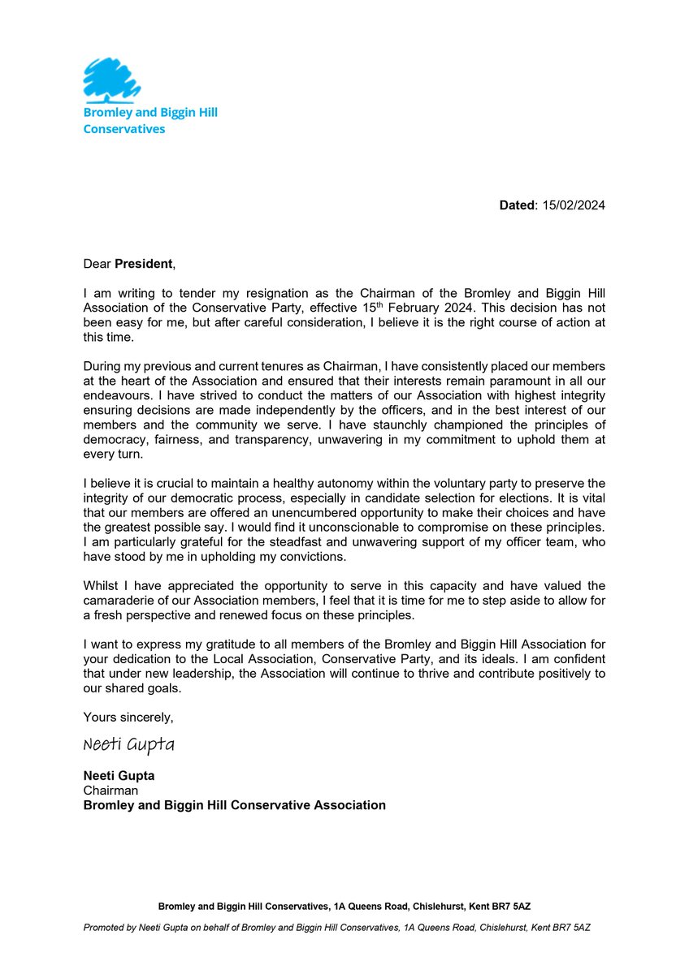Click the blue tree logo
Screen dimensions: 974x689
click(x=112, y=79)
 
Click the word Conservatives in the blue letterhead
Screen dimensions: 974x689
click(x=123, y=129)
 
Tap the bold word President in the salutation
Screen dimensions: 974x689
click(x=143, y=264)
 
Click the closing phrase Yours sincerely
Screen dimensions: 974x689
click(x=128, y=718)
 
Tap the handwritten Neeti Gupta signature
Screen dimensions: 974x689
click(x=128, y=745)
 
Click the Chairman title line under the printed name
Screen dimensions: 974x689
click(x=110, y=791)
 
